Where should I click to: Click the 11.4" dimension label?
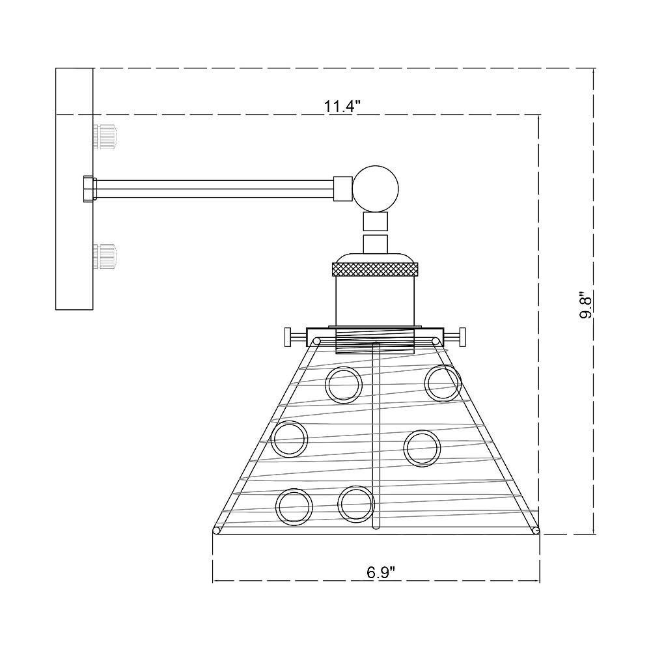point(341,106)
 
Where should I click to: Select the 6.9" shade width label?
point(380,573)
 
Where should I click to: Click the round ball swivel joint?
point(376,189)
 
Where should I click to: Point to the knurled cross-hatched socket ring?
point(375,269)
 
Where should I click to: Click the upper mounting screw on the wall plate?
point(105,135)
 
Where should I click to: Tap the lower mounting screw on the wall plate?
point(105,257)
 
